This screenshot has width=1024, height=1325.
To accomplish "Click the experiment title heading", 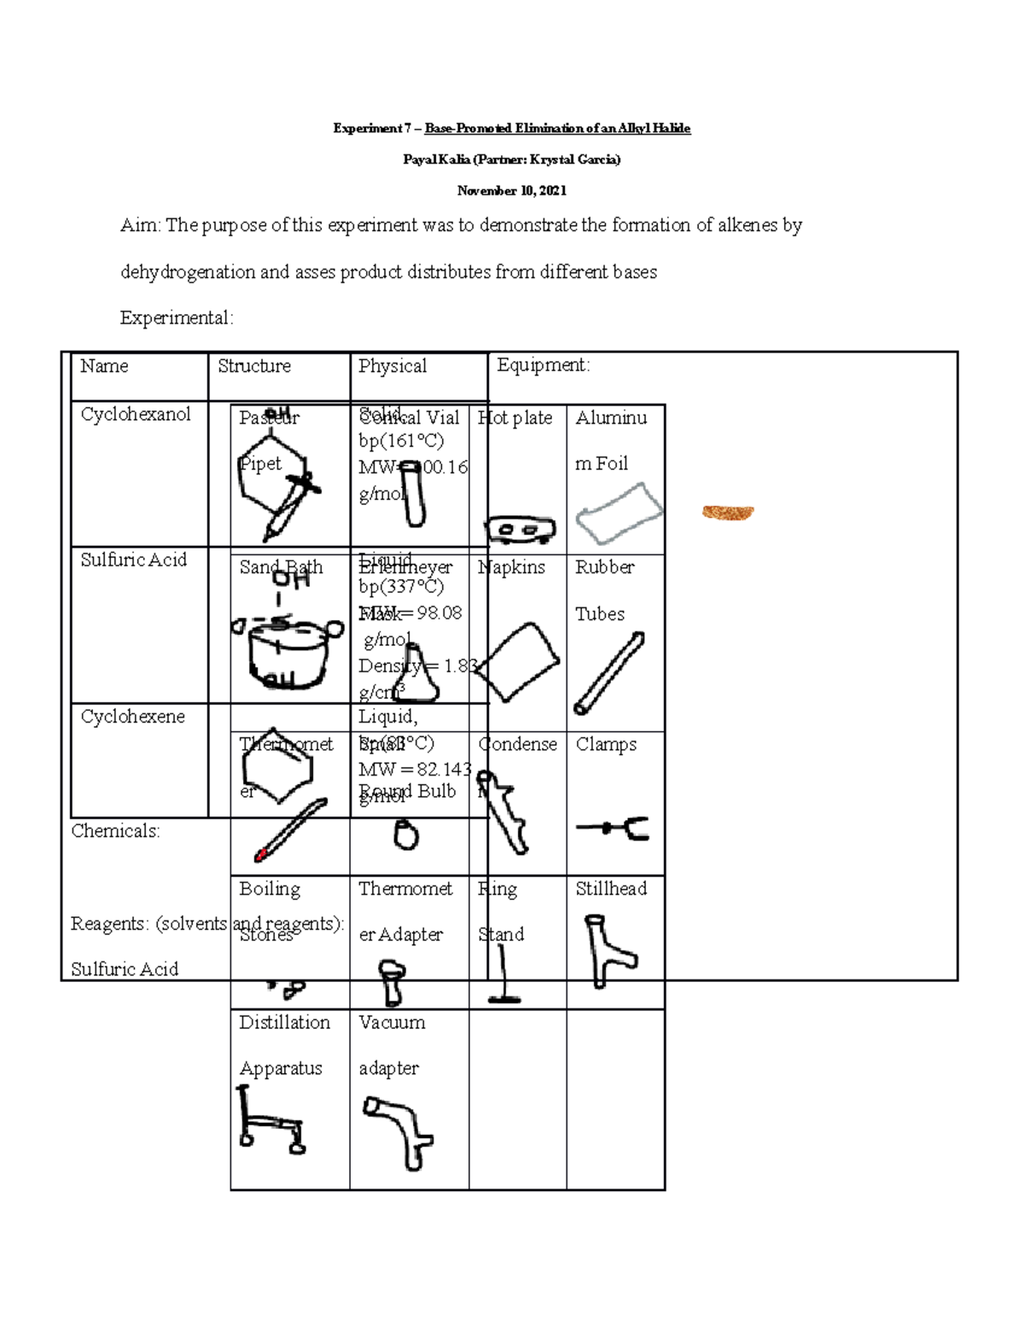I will (511, 128).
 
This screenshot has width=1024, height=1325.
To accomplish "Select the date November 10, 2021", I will (511, 190).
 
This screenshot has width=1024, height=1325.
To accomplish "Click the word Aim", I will (139, 225).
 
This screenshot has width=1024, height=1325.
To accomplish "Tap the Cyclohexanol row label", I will (136, 415).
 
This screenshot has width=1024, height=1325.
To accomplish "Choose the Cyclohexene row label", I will (132, 717).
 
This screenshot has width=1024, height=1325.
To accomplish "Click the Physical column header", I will (392, 366).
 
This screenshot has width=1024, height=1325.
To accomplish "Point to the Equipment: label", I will (543, 365).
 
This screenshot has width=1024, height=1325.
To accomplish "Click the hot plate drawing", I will (520, 530).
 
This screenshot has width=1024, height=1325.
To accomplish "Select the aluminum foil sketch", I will (619, 513).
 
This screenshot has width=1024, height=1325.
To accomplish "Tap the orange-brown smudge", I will (727, 512).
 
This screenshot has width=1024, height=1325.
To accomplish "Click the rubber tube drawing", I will (608, 673).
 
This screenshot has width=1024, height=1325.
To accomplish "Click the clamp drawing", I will (614, 828).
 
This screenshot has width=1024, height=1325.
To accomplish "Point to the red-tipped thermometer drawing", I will (290, 830).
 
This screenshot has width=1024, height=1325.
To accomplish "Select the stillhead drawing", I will (608, 950).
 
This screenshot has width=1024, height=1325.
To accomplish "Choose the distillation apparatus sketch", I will (270, 1119).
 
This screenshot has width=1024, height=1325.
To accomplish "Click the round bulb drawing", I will (406, 834).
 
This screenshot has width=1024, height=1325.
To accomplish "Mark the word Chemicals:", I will (115, 831).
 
